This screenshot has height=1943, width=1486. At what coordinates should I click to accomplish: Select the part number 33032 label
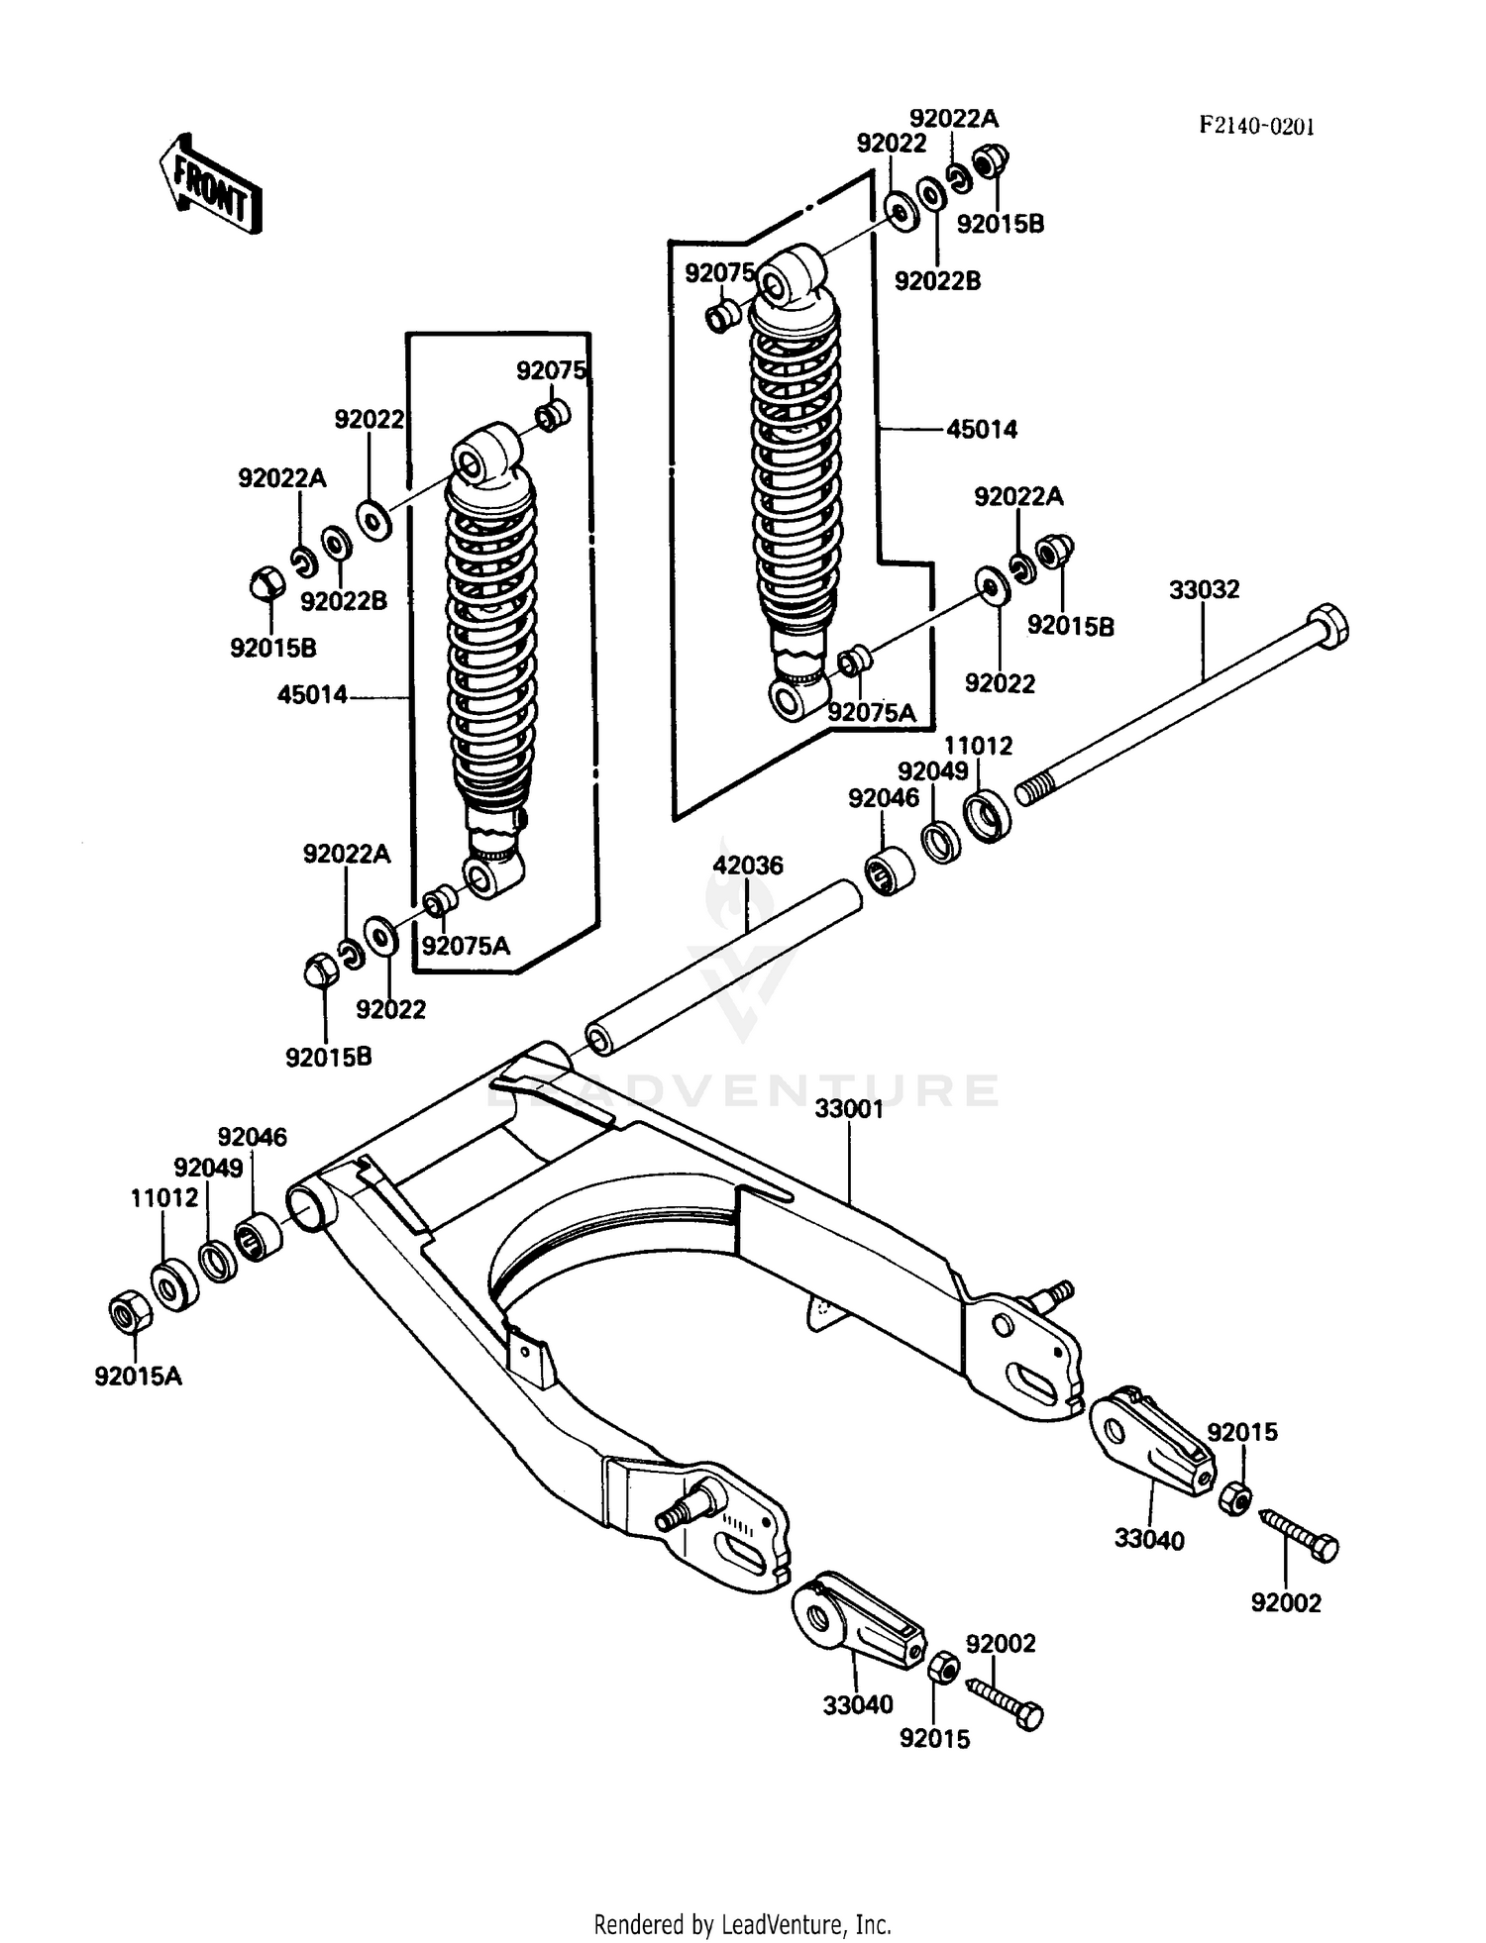[1204, 590]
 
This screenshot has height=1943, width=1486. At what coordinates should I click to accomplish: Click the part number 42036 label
[748, 866]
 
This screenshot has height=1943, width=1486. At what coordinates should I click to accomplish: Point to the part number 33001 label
[849, 1109]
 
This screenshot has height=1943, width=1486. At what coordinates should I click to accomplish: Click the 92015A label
[139, 1377]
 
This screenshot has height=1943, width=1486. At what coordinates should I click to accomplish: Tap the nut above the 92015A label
[130, 1314]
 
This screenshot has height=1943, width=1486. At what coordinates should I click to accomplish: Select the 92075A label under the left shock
[466, 946]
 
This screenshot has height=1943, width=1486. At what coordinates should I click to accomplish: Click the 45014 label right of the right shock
[982, 429]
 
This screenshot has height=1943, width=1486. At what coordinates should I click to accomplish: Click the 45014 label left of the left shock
[312, 695]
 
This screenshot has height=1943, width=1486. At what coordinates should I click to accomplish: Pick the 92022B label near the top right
[937, 281]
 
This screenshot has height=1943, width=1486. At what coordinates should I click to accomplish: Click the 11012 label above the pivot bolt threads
[978, 746]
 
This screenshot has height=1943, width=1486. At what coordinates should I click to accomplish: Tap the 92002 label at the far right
[1286, 1602]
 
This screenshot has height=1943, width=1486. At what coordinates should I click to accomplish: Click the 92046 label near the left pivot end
[253, 1137]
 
